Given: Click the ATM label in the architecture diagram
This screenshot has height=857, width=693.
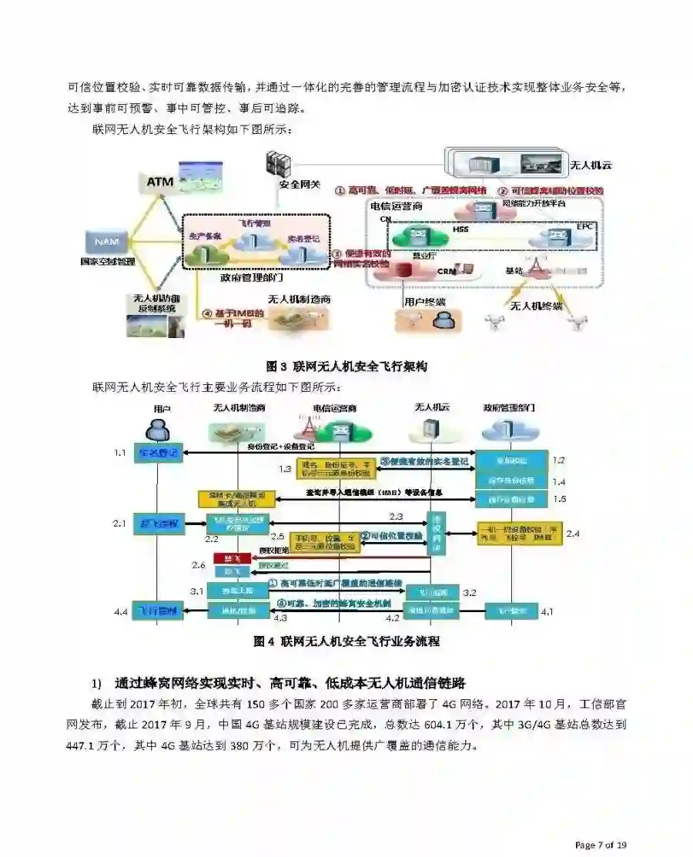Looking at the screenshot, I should point(160,182).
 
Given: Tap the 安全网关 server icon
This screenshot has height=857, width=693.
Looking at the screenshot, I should point(278,165).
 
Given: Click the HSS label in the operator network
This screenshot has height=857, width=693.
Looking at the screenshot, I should point(460,229).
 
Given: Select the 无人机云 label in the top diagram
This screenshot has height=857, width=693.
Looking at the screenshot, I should point(591,165).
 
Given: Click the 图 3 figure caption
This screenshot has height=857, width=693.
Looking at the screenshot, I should point(346,367).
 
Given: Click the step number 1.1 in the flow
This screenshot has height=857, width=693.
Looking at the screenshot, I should point(119,453).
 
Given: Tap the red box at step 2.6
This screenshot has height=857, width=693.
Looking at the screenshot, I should point(228,557).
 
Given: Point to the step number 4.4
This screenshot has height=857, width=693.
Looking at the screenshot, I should point(119,611).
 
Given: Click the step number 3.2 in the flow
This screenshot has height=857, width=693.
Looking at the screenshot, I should point(471,592).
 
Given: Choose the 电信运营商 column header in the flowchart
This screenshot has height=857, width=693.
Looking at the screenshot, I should point(334,408).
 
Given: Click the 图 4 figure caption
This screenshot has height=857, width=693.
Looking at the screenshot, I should point(346,641).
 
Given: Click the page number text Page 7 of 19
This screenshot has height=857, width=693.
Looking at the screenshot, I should point(601,845).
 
